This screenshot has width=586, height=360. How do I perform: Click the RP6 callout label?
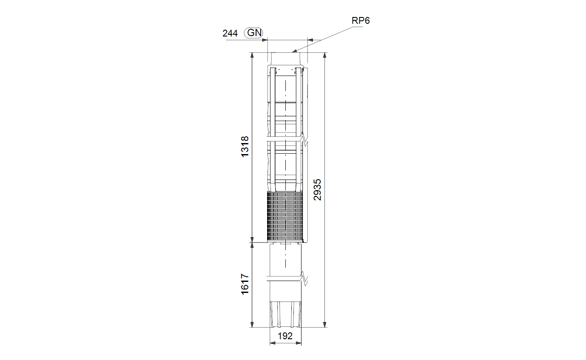(x=361, y=20)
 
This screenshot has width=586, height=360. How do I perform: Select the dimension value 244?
(x=230, y=33)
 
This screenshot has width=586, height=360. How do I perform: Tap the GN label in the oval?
(x=254, y=33)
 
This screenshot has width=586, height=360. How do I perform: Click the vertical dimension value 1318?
(x=245, y=146)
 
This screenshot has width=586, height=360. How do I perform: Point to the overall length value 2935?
(x=317, y=190)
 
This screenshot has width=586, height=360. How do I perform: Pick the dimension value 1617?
(x=245, y=284)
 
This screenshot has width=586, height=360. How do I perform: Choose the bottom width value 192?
(x=285, y=336)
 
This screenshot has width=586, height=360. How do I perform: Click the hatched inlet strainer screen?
(x=285, y=217)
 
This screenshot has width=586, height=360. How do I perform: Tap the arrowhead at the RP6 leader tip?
(x=294, y=51)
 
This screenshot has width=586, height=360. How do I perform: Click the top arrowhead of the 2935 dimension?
(x=325, y=55)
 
